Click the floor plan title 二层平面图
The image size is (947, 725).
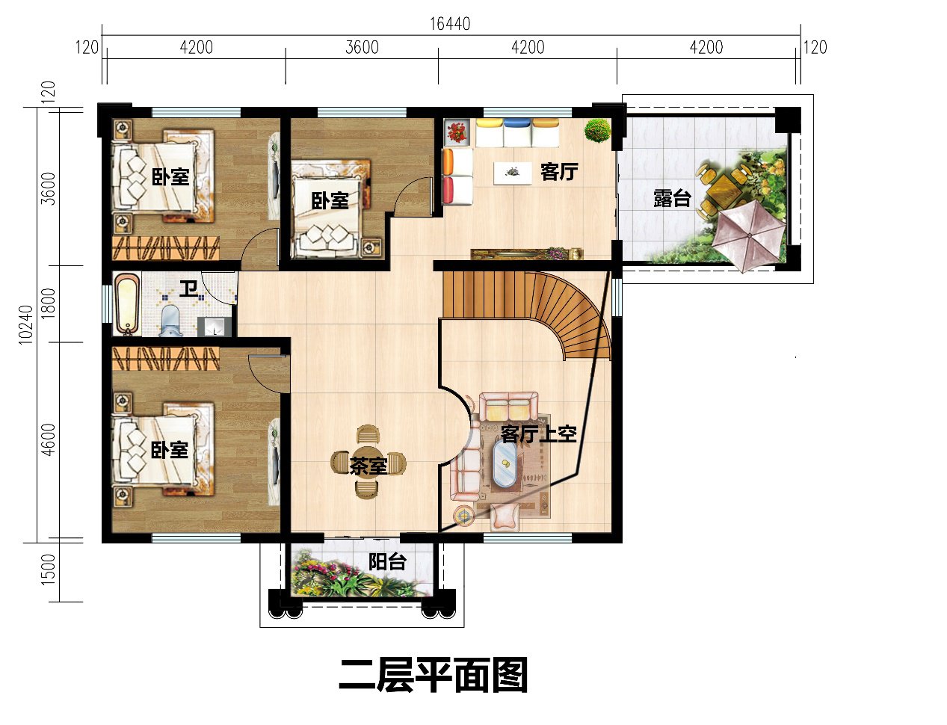433,675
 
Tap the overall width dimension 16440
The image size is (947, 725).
449,24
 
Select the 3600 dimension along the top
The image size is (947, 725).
362,48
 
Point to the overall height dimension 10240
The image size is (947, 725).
26,324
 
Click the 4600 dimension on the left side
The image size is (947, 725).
49,440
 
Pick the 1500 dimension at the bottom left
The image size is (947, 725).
49,569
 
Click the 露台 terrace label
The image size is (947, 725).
671,198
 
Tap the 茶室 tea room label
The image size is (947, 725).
368,466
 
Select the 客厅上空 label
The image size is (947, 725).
538,434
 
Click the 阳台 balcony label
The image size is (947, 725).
386,561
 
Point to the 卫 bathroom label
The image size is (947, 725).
188,288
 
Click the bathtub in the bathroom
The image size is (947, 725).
127,304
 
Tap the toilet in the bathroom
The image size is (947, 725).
171,320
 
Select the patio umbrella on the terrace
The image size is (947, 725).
748,235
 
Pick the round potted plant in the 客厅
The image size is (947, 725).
597,131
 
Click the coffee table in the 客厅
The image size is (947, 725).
513,172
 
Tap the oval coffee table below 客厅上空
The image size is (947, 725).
508,464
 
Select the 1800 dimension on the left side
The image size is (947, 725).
49,303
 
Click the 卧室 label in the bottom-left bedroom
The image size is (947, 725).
170,450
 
